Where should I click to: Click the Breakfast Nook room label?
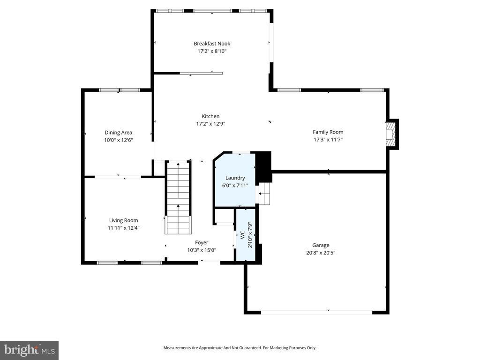click(212, 44)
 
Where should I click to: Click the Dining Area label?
click(118, 133)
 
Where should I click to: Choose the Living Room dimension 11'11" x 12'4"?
click(123, 228)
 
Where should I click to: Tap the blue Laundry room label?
click(235, 178)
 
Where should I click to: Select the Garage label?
click(321, 245)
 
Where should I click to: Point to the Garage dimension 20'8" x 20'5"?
click(321, 253)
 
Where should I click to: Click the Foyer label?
click(202, 242)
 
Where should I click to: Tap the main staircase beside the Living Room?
click(178, 197)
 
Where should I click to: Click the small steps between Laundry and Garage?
click(265, 193)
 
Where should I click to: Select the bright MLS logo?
click(29, 350)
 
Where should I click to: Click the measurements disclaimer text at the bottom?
click(240, 348)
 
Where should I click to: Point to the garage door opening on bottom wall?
click(317, 312)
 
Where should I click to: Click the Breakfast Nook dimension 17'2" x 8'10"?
click(212, 51)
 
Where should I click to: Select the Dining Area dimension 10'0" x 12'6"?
click(118, 140)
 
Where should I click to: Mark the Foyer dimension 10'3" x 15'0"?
click(202, 250)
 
